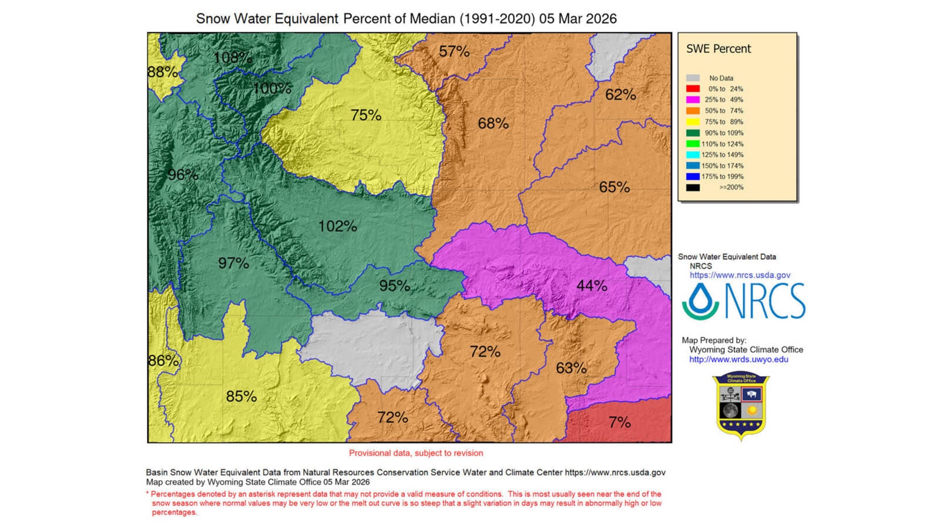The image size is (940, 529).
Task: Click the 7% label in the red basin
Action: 620,422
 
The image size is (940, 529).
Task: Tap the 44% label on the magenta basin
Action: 592,286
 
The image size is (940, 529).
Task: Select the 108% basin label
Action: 233,58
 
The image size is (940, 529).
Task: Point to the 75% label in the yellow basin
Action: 366,115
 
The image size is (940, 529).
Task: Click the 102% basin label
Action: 337,226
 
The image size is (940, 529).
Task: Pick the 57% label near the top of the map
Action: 454,52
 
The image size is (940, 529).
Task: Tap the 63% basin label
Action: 571,368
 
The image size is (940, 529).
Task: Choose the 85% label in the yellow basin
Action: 241,397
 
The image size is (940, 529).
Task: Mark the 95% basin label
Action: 394,286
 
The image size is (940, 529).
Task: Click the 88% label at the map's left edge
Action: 162,72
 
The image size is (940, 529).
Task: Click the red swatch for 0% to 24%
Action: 693,89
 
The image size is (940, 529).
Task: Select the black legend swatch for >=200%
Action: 693,188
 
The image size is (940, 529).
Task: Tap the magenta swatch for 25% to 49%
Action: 693,100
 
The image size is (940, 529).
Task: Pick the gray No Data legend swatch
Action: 693,78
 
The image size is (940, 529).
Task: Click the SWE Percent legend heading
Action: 719,49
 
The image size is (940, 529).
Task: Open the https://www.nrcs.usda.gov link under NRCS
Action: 740,275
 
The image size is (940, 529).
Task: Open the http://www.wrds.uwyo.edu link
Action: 738,359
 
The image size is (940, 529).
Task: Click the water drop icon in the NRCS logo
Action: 700,301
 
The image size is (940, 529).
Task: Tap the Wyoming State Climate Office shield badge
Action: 741,406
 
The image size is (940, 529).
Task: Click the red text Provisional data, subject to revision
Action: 416,453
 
